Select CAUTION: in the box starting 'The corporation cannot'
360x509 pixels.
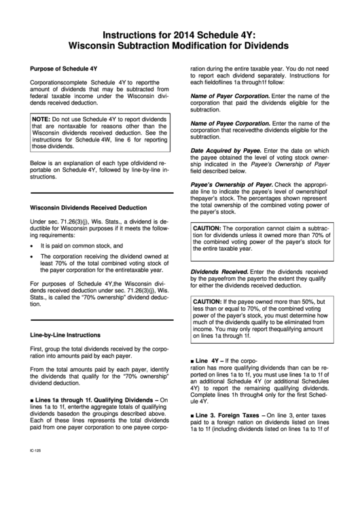pyautogui.click(x=211, y=228)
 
